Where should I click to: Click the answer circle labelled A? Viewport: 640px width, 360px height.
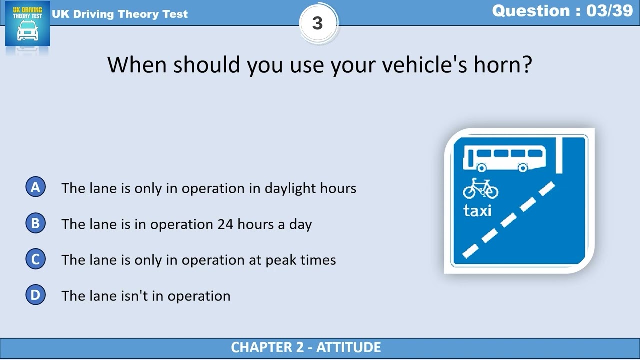pyautogui.click(x=35, y=187)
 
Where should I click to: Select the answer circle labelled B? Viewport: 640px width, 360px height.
pyautogui.click(x=35, y=223)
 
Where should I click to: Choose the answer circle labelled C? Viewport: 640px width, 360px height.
pyautogui.click(x=35, y=259)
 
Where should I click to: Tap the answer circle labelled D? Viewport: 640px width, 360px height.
pyautogui.click(x=35, y=295)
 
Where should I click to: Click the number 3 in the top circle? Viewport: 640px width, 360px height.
pyautogui.click(x=318, y=23)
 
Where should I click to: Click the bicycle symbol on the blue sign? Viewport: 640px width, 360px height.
pyautogui.click(x=480, y=189)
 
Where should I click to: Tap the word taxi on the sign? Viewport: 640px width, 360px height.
pyautogui.click(x=477, y=211)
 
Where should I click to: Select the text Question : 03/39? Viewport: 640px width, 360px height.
pyautogui.click(x=562, y=11)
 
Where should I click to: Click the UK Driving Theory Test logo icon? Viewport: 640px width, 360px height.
pyautogui.click(x=27, y=24)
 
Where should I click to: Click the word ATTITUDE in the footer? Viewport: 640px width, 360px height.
pyautogui.click(x=348, y=347)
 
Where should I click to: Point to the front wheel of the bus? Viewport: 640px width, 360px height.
pyautogui.click(x=522, y=168)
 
